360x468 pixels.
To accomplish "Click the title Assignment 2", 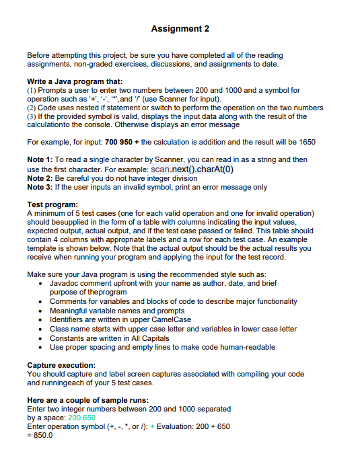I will (x=180, y=29).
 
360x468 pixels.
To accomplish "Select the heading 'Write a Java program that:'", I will (x=74, y=81).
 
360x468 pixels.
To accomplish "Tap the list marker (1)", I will (x=32, y=89).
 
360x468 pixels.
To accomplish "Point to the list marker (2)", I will (x=32, y=107).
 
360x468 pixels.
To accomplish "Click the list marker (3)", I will (x=32, y=116).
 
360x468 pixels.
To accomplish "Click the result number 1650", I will (x=305, y=143).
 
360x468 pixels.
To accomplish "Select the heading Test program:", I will (x=52, y=204).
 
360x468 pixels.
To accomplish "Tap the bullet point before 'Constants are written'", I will (x=42, y=338).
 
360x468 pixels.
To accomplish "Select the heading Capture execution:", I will (x=61, y=364).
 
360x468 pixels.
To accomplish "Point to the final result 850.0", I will (x=42, y=434).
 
